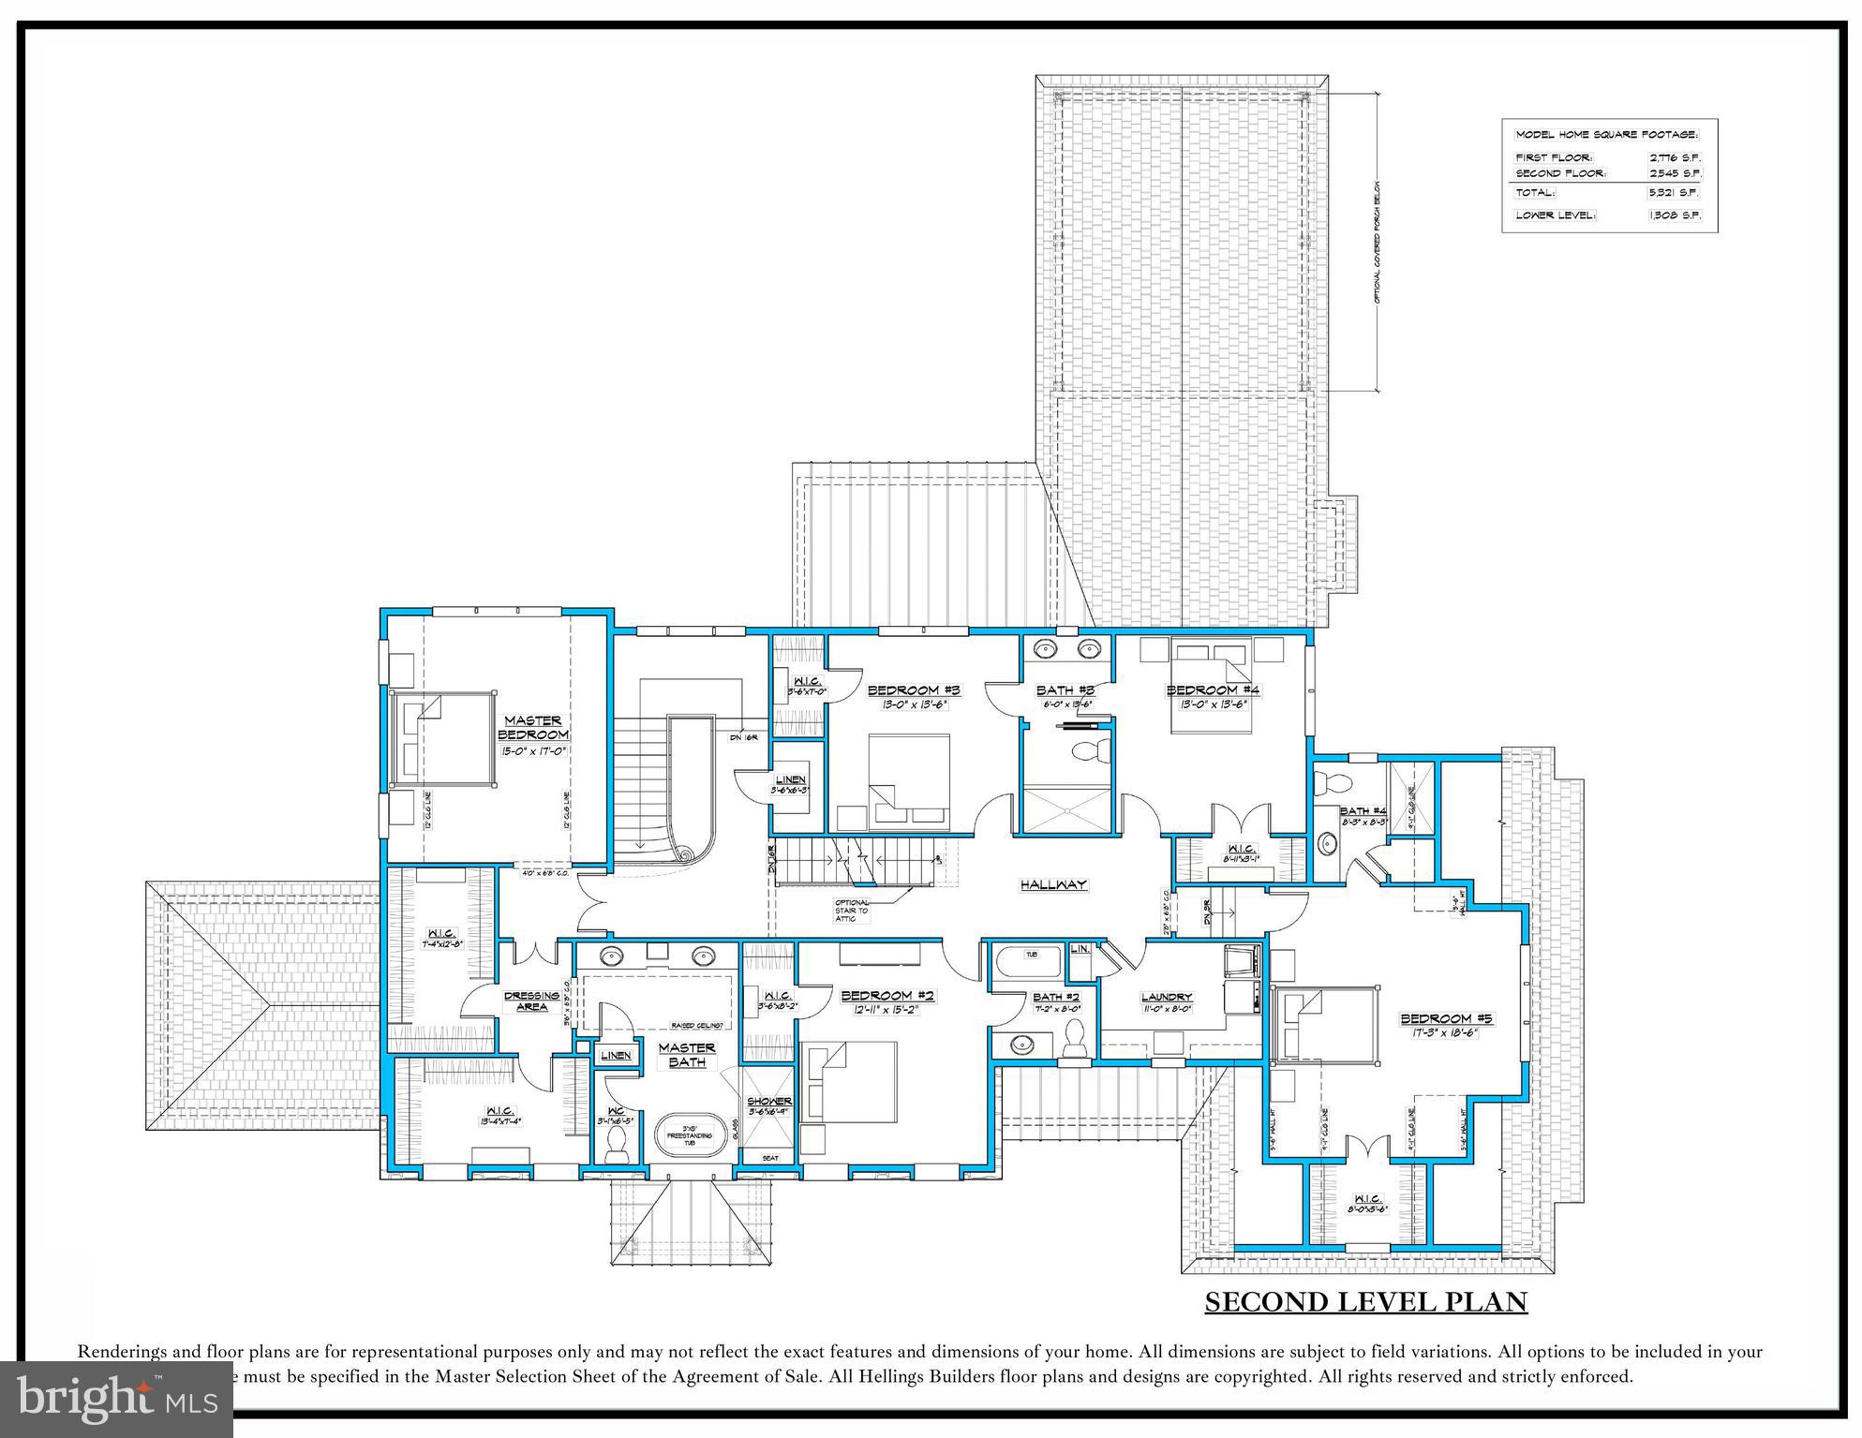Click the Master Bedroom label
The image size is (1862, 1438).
tap(533, 728)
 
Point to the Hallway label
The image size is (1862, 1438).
tap(1053, 884)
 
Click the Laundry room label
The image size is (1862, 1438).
tap(1167, 997)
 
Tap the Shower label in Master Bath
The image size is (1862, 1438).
tap(769, 1101)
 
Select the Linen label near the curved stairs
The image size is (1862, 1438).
tap(790, 779)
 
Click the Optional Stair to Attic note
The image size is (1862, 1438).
tap(852, 911)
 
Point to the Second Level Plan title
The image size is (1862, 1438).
tap(1365, 1302)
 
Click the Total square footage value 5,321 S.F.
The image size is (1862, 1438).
tap(1676, 193)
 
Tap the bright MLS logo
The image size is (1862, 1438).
tap(116, 1400)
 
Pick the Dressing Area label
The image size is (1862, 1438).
tap(531, 1001)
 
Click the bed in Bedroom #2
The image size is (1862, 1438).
tap(848, 1087)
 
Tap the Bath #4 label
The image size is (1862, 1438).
tap(1363, 811)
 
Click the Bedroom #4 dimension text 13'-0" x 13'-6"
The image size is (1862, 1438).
tap(1213, 704)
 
